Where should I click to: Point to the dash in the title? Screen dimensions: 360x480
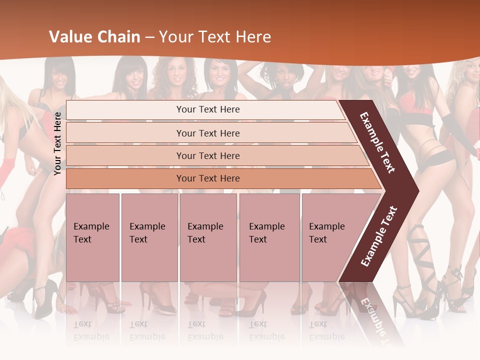149,37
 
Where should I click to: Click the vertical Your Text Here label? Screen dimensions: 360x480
58,143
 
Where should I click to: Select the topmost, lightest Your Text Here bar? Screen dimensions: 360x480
207,109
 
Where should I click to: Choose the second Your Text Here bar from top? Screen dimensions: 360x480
207,133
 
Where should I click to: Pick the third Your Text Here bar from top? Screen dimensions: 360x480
207,155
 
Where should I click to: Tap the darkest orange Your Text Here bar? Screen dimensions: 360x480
207,178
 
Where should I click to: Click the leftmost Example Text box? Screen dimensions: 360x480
92,237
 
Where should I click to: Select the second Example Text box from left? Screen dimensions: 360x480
149,237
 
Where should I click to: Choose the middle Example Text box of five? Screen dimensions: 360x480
208,237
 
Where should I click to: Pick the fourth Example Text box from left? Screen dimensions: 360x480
269,237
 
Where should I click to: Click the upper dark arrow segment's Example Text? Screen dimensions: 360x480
377,143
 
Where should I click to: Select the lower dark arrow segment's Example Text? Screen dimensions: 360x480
378,236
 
